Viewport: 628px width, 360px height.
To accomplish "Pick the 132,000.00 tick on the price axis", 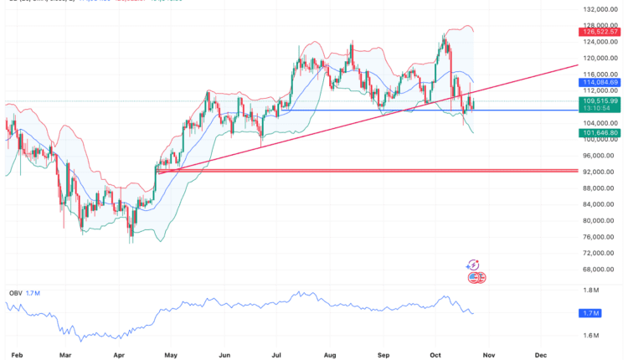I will [602, 9].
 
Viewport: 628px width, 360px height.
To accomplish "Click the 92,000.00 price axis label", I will [600, 172].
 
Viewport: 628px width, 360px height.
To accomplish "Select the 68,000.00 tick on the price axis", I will [600, 269].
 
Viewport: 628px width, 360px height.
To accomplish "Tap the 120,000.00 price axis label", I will [602, 58].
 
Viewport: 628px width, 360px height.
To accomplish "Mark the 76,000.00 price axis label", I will [600, 236].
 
